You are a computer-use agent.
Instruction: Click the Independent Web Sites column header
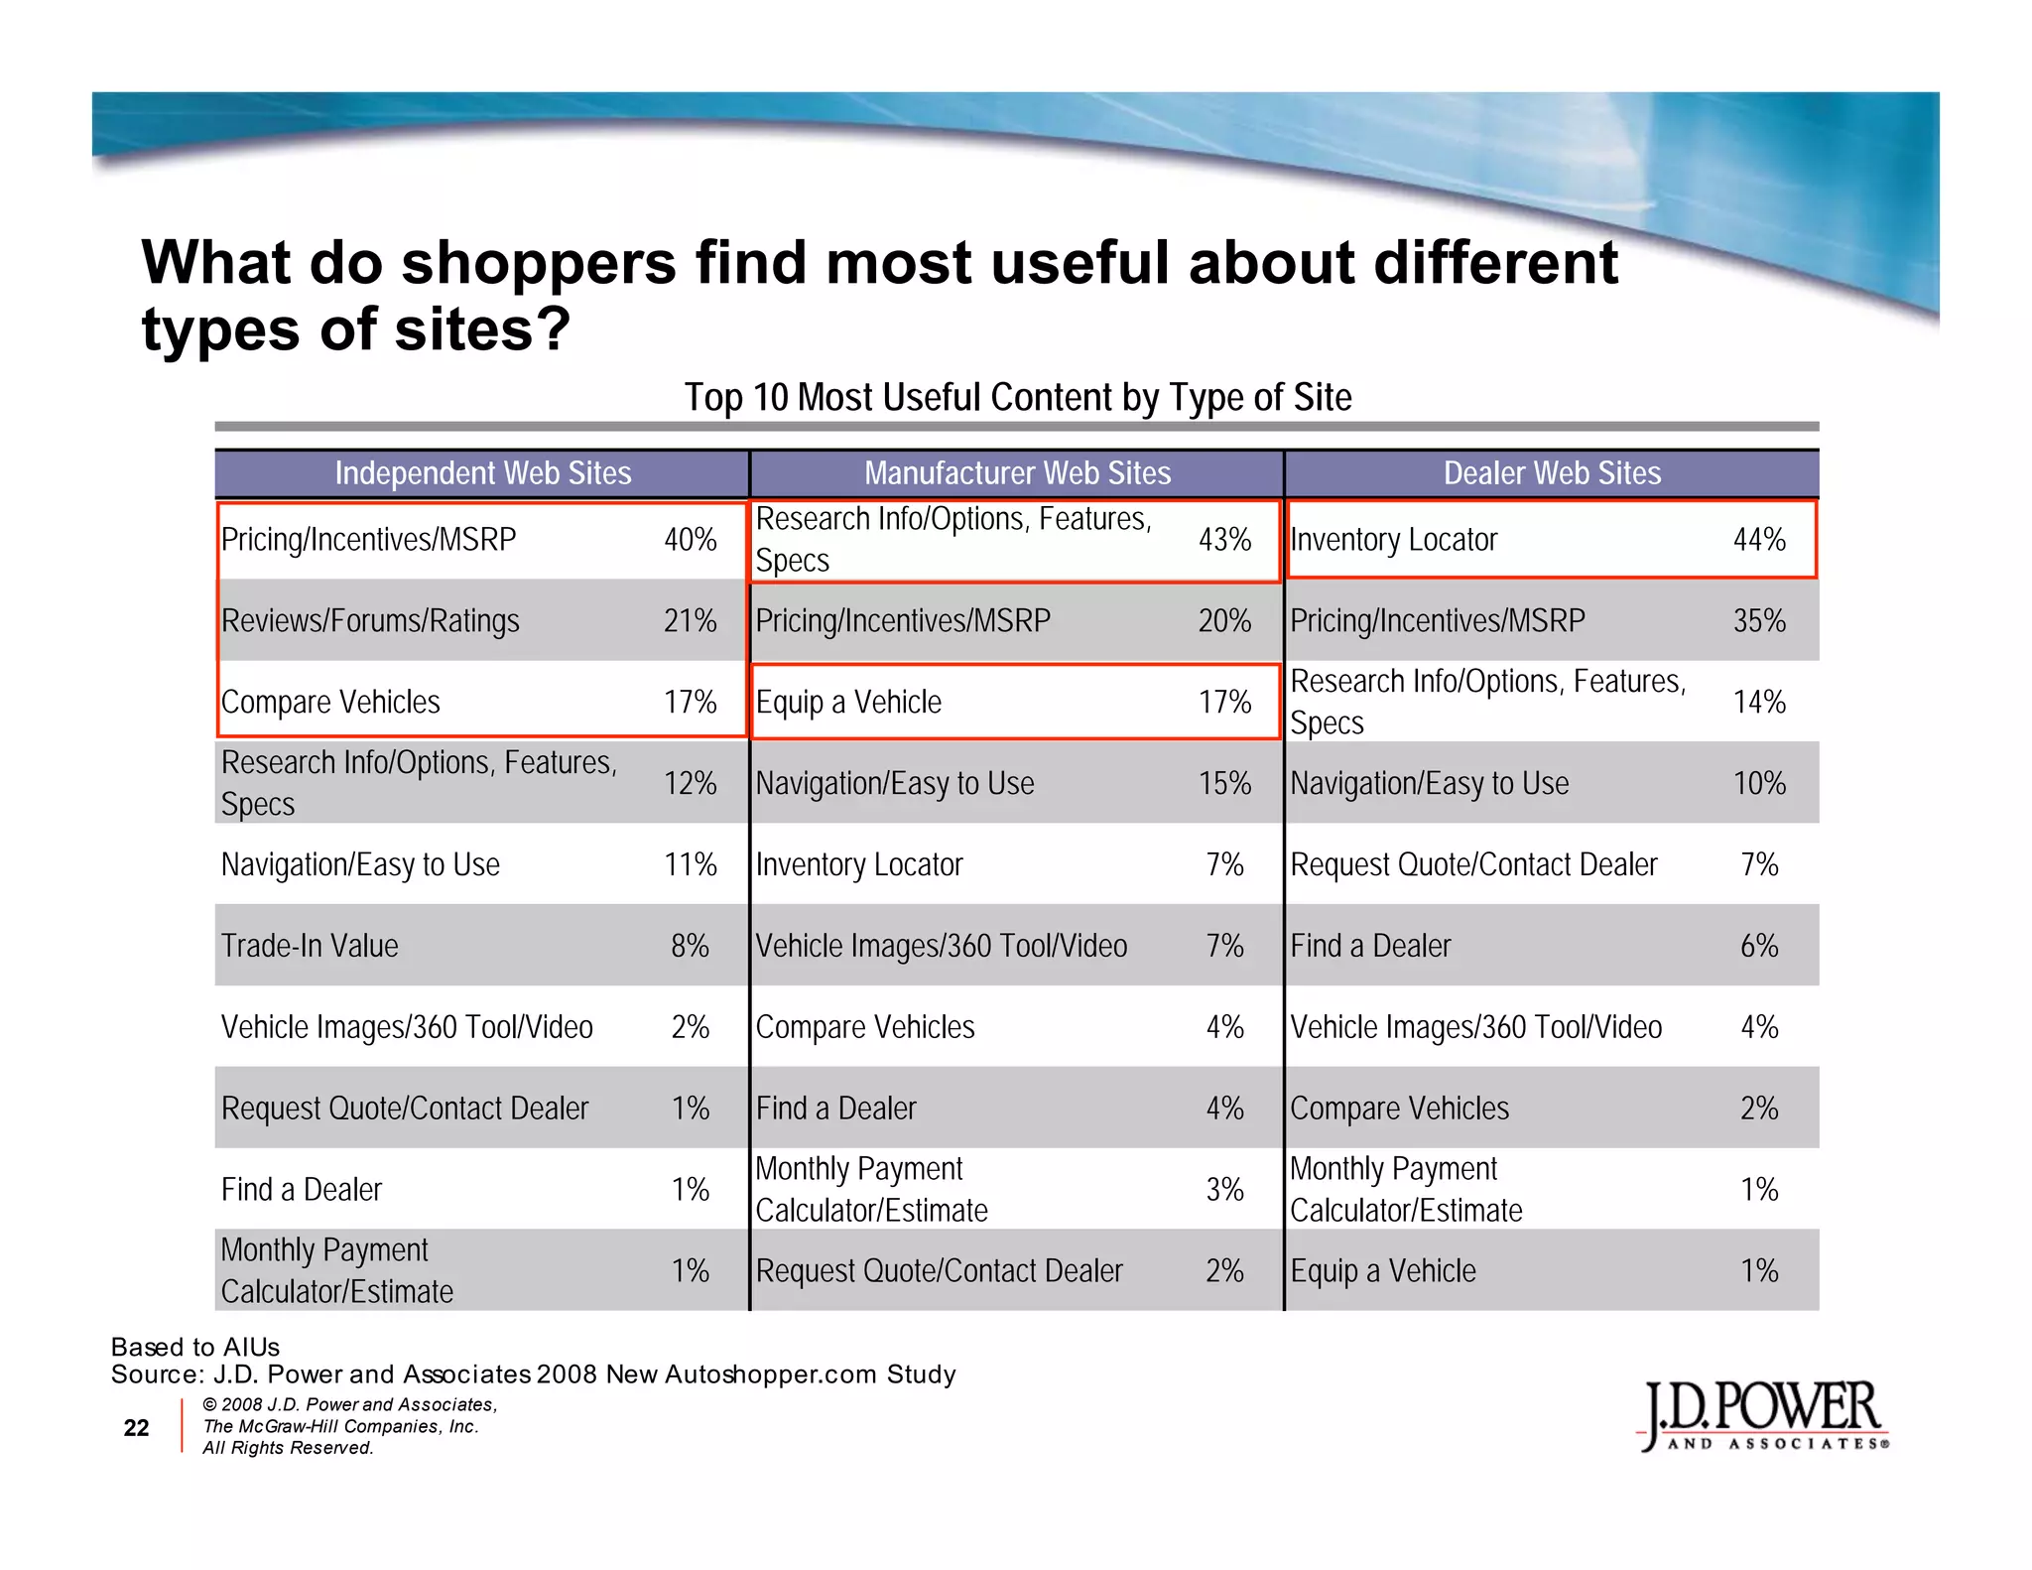[x=482, y=473]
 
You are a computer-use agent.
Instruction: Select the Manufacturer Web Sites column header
[x=1017, y=473]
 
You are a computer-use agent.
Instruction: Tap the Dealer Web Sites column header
[x=1552, y=473]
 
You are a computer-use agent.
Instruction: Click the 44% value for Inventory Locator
[x=1759, y=540]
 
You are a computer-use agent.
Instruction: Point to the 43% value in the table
[x=1224, y=540]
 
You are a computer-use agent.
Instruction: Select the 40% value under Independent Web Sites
[x=690, y=540]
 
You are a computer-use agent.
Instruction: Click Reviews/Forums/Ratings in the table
[x=370, y=621]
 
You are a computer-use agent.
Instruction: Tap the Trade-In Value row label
[x=310, y=946]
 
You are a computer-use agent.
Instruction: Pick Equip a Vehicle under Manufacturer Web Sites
[x=848, y=703]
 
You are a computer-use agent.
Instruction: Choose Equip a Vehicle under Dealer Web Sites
[x=1383, y=1271]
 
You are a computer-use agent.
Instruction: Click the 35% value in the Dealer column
[x=1759, y=621]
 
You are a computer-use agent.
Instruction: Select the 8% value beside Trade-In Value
[x=690, y=946]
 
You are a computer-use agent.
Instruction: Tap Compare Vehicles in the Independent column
[x=330, y=703]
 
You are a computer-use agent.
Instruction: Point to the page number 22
[x=136, y=1428]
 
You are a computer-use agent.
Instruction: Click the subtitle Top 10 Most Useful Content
[x=1017, y=398]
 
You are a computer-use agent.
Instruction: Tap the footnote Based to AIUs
[x=195, y=1347]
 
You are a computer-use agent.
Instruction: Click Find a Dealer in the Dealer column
[x=1370, y=946]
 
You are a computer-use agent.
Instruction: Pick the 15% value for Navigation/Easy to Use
[x=1224, y=784]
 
